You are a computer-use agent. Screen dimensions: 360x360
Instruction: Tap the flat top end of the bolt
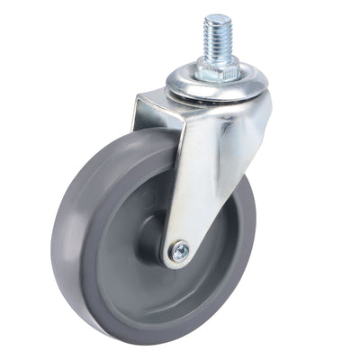pos(217,18)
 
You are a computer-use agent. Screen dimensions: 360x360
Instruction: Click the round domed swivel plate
pos(216,85)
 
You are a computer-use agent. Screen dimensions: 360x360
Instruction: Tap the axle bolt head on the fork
pos(180,253)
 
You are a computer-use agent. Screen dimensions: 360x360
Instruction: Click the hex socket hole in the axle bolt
pos(180,253)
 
